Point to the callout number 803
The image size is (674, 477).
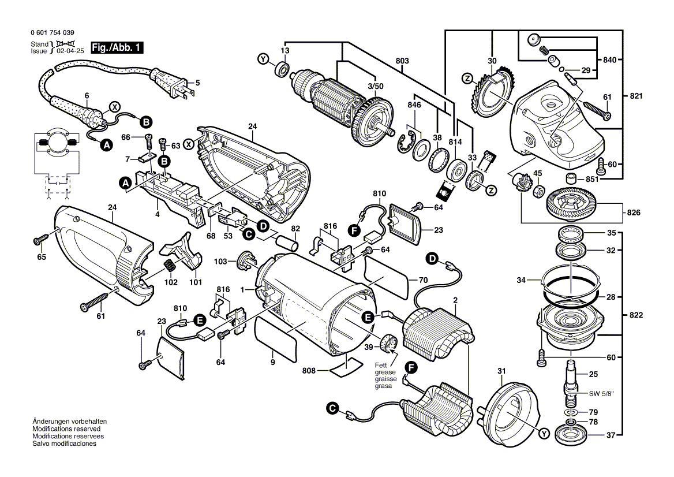pos(402,61)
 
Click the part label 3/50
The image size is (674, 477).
pos(376,85)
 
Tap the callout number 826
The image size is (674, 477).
pos(632,213)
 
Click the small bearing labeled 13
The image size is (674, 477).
pos(283,70)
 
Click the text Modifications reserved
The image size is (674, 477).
pos(66,430)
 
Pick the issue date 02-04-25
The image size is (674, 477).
pos(69,51)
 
